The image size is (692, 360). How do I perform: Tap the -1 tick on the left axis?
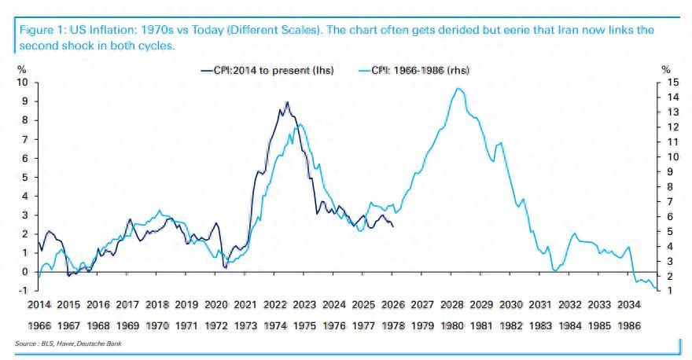[23, 291]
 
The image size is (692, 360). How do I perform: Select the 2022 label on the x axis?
[274, 304]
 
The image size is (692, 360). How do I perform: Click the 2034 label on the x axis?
[628, 304]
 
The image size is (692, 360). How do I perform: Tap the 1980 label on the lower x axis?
[451, 325]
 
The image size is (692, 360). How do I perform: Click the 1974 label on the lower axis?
[274, 325]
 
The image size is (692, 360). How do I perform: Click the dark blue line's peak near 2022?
[287, 102]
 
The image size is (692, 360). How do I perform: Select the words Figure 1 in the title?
[35, 30]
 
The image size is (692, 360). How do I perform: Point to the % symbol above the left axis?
[21, 70]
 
